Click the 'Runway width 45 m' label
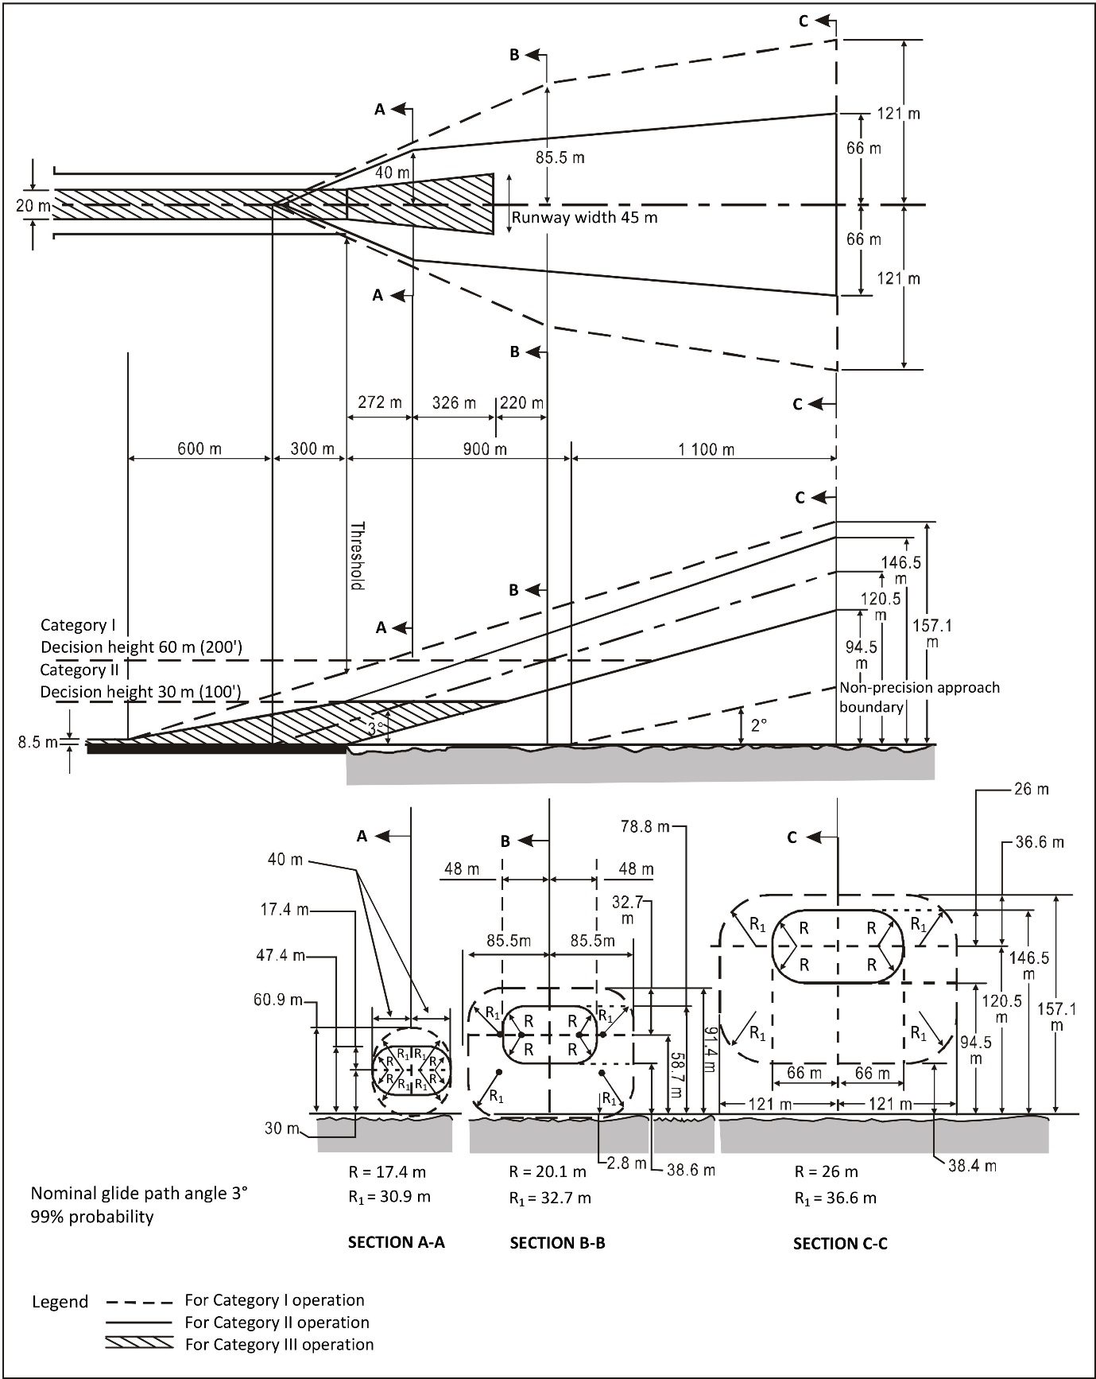(584, 217)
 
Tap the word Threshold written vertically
(358, 556)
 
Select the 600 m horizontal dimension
(199, 449)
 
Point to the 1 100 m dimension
(706, 450)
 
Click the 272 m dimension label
(379, 402)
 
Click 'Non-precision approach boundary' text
(920, 697)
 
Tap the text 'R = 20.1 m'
(548, 1171)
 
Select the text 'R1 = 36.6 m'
(835, 1198)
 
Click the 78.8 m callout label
(645, 827)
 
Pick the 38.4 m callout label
(972, 1167)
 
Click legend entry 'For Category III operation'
(279, 1344)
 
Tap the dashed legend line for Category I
(138, 1303)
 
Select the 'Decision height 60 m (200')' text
(140, 647)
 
